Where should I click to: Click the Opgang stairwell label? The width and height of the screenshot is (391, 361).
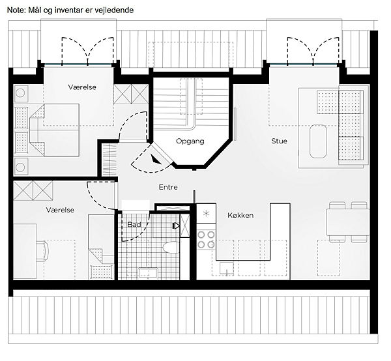pos(190,141)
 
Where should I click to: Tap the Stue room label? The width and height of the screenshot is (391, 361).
pos(279,141)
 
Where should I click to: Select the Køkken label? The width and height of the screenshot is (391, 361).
pos(240,215)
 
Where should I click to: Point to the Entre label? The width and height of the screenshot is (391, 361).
pos(168,187)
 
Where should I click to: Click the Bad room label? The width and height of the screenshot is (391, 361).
pos(134,224)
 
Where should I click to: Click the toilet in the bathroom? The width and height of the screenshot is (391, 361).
pos(171,248)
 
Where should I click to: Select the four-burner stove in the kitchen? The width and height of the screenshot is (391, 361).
pos(206,240)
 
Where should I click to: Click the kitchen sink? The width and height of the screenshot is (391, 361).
pos(226,268)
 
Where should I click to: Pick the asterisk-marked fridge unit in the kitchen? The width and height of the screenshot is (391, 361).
pos(206,214)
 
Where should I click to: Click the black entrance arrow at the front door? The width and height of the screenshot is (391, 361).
pos(156,159)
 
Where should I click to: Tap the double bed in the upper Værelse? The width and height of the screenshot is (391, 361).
pos(54,130)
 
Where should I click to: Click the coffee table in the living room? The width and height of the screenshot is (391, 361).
pos(318,141)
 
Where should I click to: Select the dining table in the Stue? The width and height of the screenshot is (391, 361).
pos(348,222)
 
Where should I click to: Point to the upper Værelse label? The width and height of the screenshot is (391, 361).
pos(82,87)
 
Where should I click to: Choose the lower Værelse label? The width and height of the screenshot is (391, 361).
pos(60,210)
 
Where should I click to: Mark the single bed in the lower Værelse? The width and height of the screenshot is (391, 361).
pos(101,247)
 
